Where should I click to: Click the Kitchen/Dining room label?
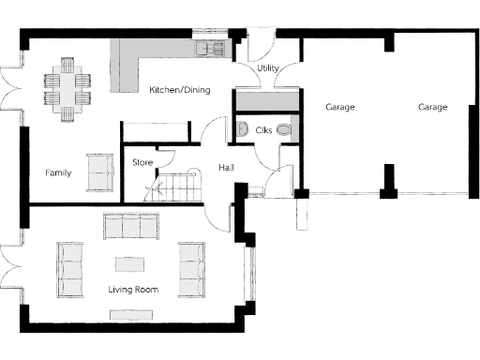pos(179,90)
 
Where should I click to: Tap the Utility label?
pos(268,68)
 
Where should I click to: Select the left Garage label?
pos(339,107)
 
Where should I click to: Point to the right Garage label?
pos(432,107)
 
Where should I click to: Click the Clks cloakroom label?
pos(263,129)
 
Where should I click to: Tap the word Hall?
pos(226,167)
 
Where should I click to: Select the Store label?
pos(142,162)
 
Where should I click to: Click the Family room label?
pos(58,172)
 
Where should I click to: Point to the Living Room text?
pos(132,290)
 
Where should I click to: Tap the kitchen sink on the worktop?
pos(207,46)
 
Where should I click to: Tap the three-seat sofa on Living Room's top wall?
pos(131,227)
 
